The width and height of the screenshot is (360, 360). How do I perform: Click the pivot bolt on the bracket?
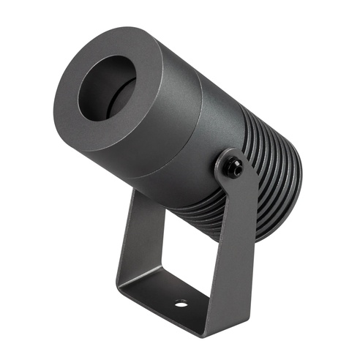click(233, 167)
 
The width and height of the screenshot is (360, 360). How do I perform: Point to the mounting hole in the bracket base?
click(180, 302)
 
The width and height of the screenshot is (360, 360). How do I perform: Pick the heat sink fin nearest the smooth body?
click(245, 132)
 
